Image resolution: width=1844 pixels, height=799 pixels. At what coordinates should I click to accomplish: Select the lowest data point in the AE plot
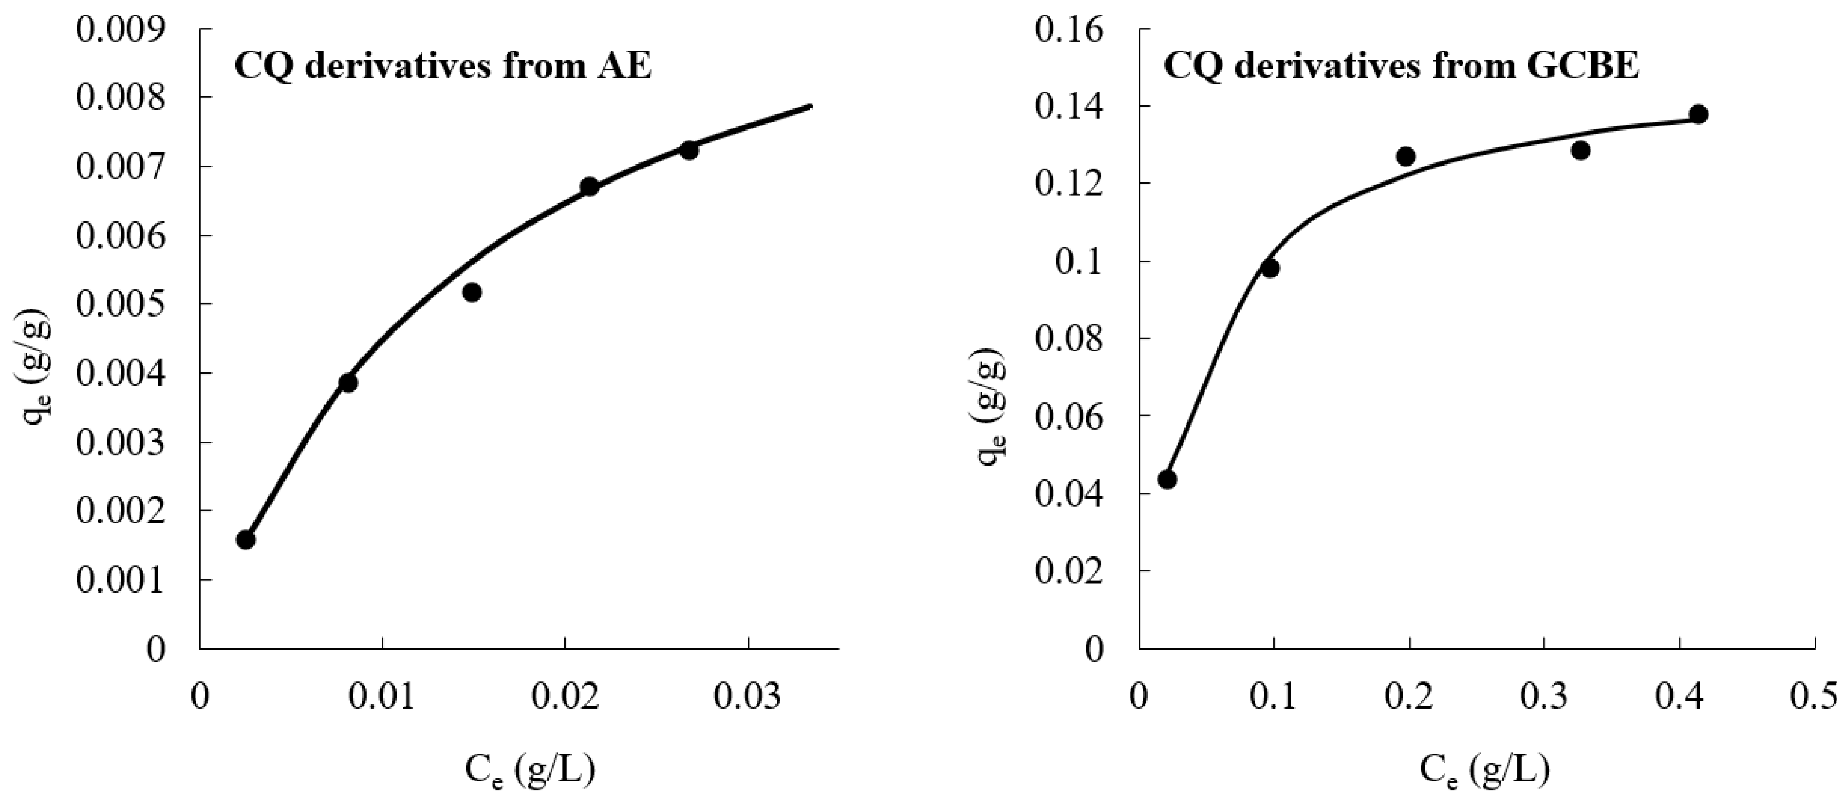[x=246, y=539]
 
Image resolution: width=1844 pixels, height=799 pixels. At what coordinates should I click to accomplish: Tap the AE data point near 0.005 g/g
[x=472, y=292]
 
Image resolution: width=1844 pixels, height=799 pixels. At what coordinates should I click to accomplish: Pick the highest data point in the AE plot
[x=689, y=151]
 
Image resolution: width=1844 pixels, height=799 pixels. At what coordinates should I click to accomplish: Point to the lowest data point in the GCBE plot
[x=1168, y=479]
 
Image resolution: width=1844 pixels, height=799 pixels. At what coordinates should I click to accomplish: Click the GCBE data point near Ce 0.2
[x=1406, y=156]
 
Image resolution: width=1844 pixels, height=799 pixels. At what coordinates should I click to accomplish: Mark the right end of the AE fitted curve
[x=811, y=107]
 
